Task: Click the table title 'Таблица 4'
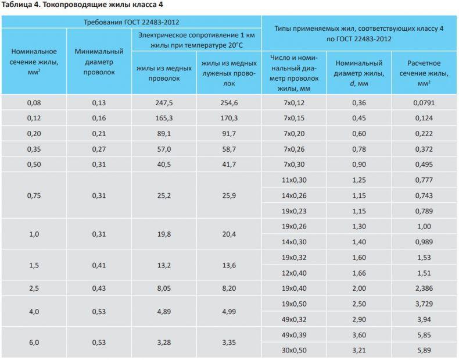pyautogui.click(x=18, y=5)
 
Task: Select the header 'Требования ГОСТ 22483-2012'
pyautogui.click(x=131, y=22)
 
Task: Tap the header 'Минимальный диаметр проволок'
pyautogui.click(x=99, y=62)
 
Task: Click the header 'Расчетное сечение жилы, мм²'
pyautogui.click(x=424, y=73)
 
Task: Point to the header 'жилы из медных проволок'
pyautogui.click(x=164, y=73)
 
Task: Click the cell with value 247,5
pyautogui.click(x=164, y=103)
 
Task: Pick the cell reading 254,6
pyautogui.click(x=229, y=103)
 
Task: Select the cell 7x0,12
pyautogui.click(x=294, y=103)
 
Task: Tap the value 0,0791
pyautogui.click(x=424, y=103)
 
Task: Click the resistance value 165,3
pyautogui.click(x=164, y=118)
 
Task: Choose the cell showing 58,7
pyautogui.click(x=229, y=149)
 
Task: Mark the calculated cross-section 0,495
pyautogui.click(x=424, y=165)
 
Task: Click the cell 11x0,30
pyautogui.click(x=294, y=180)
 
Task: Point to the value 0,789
pyautogui.click(x=424, y=211)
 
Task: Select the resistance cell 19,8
pyautogui.click(x=164, y=234)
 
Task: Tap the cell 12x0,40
pyautogui.click(x=294, y=273)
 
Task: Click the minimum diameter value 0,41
pyautogui.click(x=99, y=265)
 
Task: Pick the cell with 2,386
pyautogui.click(x=424, y=288)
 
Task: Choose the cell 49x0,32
pyautogui.click(x=294, y=319)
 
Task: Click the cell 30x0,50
pyautogui.click(x=294, y=350)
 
